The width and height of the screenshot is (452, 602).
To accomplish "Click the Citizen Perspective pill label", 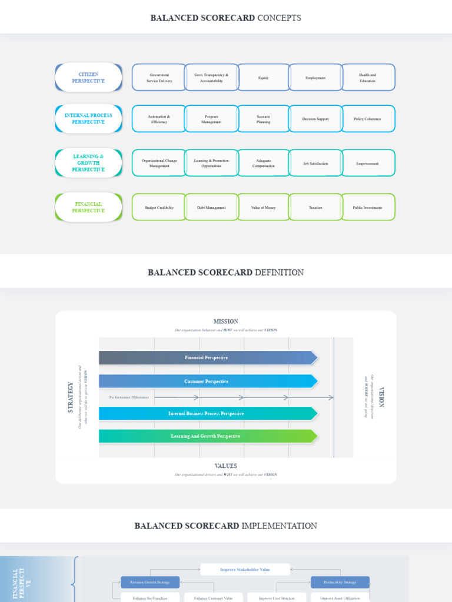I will (88, 78).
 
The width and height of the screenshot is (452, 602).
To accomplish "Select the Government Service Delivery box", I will (159, 78).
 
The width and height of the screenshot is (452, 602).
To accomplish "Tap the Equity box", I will (263, 78).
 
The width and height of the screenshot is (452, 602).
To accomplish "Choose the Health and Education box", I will (368, 78).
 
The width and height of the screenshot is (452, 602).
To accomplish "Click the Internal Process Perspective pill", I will (88, 119).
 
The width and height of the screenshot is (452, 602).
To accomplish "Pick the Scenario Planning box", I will (263, 119).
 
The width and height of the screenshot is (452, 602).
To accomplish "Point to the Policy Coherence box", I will (368, 119).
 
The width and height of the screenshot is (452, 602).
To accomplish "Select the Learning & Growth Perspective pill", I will (88, 163).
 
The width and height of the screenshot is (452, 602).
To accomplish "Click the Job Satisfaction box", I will (315, 163).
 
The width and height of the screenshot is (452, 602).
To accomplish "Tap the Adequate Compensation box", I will (263, 163).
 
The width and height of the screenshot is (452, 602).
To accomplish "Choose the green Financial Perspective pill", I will (88, 208).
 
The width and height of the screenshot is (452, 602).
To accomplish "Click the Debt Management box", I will (211, 208).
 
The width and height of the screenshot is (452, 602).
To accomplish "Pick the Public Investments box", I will (368, 208).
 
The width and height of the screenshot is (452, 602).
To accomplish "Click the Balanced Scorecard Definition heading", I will (226, 273).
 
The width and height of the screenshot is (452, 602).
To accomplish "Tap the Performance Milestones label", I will (129, 397).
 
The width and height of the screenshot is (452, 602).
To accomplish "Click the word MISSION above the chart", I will (226, 322).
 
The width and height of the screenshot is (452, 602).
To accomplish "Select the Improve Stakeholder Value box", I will (245, 570).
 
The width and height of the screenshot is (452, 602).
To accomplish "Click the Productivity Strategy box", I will (340, 582).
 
